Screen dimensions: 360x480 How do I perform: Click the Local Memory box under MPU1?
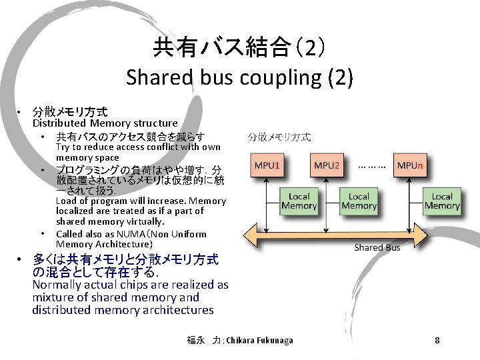[299, 201]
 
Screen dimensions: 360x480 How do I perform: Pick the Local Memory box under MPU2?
[359, 201]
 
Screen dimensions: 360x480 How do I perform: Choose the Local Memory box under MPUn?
[441, 201]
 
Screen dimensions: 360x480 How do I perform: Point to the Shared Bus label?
[377, 247]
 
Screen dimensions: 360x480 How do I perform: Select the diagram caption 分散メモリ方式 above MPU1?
[279, 137]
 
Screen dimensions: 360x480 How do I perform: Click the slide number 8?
[437, 341]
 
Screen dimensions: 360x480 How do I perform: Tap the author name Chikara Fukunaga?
[259, 341]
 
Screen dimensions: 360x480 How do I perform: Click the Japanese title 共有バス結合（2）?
[239, 47]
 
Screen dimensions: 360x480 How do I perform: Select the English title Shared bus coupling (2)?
[239, 77]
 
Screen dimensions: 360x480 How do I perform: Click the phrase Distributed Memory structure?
[105, 123]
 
